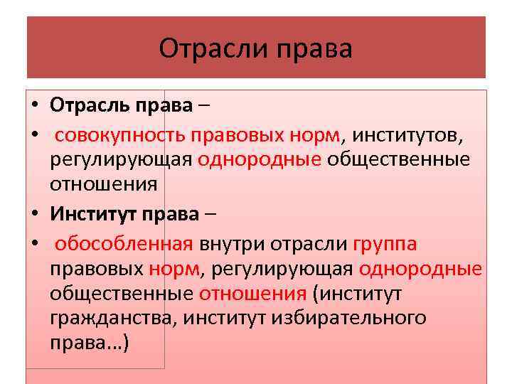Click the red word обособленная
tap(124, 244)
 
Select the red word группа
tap(385, 244)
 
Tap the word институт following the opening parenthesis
tap(369, 293)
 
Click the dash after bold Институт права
tap(213, 212)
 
